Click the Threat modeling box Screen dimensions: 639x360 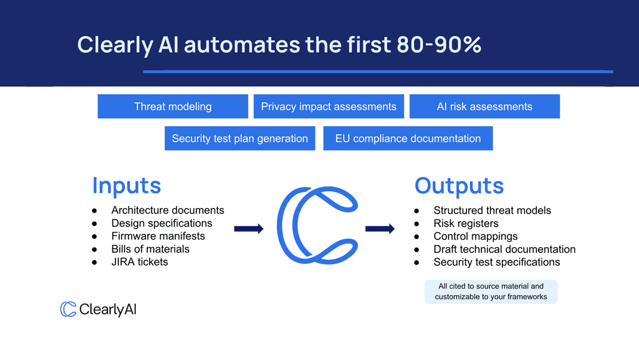click(173, 107)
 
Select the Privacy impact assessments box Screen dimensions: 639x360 click(329, 107)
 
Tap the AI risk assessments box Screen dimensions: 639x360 click(485, 107)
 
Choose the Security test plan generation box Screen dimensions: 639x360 click(240, 139)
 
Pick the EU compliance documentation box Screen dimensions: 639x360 click(408, 139)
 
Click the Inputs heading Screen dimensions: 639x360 click(127, 186)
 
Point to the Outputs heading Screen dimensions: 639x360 click(459, 186)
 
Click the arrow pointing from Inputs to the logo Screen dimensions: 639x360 click(248, 229)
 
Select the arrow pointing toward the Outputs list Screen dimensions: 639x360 click(380, 229)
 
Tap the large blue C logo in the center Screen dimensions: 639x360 click(317, 225)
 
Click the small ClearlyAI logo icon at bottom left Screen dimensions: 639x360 click(68, 310)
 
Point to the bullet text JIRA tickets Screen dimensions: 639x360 click(139, 262)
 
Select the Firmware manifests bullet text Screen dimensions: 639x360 click(158, 236)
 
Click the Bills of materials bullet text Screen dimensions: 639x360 click(150, 249)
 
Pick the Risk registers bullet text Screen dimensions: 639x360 click(466, 224)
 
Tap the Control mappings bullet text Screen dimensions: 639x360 click(476, 236)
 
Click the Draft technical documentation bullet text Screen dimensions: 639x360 click(504, 249)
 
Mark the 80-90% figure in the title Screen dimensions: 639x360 click(439, 45)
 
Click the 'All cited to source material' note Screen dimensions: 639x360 click(491, 291)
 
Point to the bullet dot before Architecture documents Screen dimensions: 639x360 click(95, 210)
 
